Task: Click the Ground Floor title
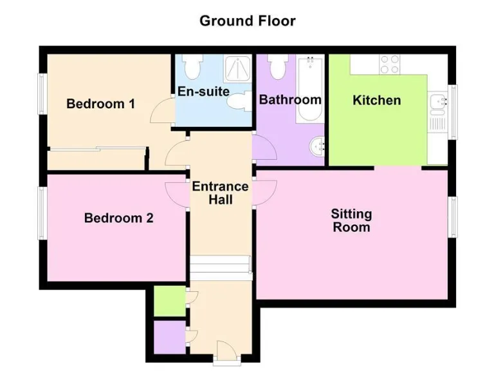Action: [x=247, y=21]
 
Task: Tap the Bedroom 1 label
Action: [x=100, y=104]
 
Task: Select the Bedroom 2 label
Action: [x=118, y=218]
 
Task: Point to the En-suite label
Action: [x=203, y=91]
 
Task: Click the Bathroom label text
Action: [x=289, y=100]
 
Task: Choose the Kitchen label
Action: [x=376, y=100]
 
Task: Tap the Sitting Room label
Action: [x=351, y=220]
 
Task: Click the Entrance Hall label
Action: [x=220, y=193]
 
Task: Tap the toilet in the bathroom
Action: [x=278, y=66]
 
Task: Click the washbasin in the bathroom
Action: [x=317, y=147]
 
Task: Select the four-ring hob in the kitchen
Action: [x=390, y=64]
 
